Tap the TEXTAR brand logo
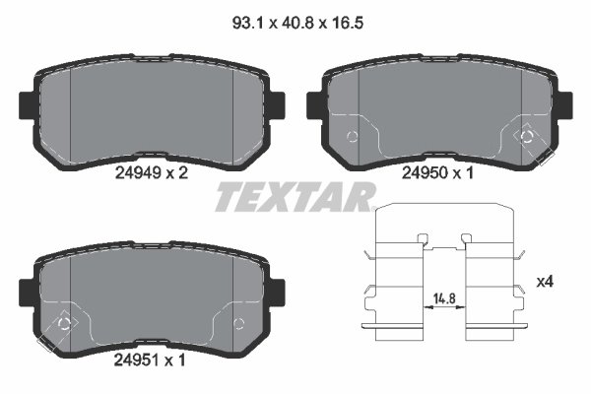click(x=295, y=196)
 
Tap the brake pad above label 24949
click(x=154, y=108)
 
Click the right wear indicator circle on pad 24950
click(x=526, y=136)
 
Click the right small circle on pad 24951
click(x=237, y=323)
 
